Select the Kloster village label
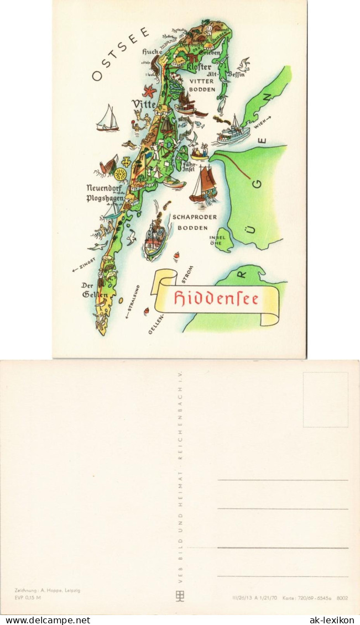(197, 67)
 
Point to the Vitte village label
(143, 104)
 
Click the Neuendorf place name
(103, 188)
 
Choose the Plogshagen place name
(105, 197)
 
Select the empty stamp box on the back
(325, 400)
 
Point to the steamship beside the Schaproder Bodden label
(155, 237)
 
